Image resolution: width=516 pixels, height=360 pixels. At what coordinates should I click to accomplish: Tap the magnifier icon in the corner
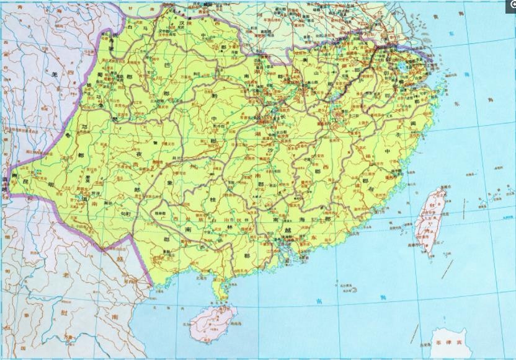(x=512, y=4)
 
